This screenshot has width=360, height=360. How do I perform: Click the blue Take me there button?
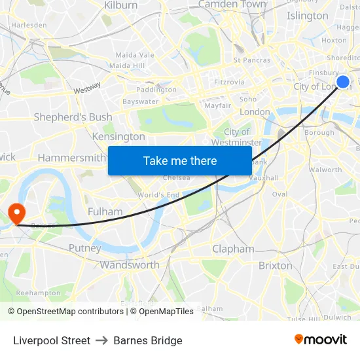180,161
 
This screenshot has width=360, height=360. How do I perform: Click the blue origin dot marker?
343,82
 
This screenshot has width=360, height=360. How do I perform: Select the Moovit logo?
320,340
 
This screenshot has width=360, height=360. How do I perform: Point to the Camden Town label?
232,5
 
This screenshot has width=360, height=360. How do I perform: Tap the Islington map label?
307,16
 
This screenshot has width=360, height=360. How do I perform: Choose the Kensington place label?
118,137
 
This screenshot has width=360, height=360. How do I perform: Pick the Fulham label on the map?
105,211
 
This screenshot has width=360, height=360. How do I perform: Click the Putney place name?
84,248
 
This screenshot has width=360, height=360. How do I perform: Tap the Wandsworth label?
130,265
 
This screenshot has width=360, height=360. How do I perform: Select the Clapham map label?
233,249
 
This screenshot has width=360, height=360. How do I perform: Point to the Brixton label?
276,265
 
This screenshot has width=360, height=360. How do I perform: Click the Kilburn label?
121,5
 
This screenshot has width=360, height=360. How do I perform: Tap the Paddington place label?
156,90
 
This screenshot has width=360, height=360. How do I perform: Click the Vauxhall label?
264,177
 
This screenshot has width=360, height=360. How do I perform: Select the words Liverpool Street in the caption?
52,340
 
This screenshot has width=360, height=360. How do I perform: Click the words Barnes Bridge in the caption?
148,340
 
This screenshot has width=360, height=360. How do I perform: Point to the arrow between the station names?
101,340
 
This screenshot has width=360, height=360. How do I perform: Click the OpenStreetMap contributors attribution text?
69,312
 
